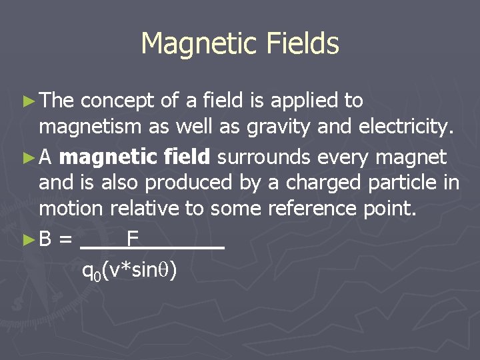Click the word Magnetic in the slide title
pos(193,44)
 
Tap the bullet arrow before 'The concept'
pos(29,101)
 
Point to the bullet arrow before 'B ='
pos(29,239)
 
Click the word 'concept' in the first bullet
pos(118,101)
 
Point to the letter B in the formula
pos(46,239)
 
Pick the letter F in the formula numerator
pos(133,238)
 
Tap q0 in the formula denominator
pos(91,271)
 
